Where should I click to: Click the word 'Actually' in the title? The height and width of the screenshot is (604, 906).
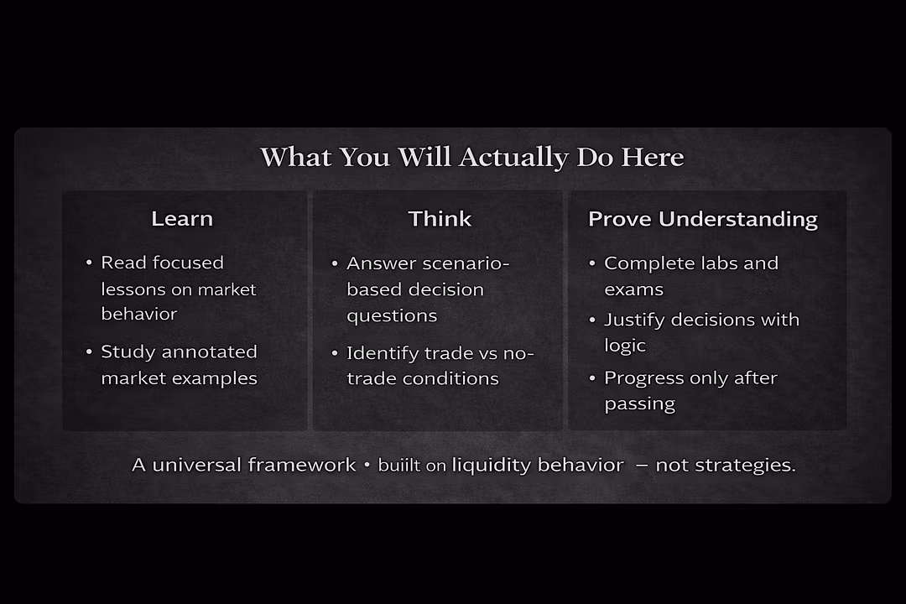click(x=513, y=158)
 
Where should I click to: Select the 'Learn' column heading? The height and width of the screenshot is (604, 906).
click(x=182, y=219)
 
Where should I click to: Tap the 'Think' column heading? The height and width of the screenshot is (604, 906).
click(x=440, y=219)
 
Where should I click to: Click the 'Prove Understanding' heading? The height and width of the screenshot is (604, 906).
click(x=703, y=220)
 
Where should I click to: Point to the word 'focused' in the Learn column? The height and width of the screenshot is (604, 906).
click(x=188, y=263)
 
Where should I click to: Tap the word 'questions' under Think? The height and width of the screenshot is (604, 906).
click(x=392, y=316)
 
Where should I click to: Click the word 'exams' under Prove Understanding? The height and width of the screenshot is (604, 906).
click(x=634, y=289)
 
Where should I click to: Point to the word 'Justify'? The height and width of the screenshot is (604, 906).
click(x=635, y=320)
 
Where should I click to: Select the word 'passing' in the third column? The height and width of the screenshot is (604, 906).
click(x=639, y=404)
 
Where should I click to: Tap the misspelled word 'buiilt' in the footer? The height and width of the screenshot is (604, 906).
click(x=399, y=466)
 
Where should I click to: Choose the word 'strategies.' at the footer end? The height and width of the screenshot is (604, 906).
click(x=745, y=466)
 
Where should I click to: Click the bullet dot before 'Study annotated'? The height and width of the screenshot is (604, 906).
click(x=89, y=351)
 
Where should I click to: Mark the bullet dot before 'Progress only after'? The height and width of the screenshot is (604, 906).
click(x=592, y=378)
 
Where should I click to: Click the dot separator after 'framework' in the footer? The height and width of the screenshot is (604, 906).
click(x=367, y=465)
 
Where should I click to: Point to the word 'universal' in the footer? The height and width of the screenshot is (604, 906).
click(x=197, y=466)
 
